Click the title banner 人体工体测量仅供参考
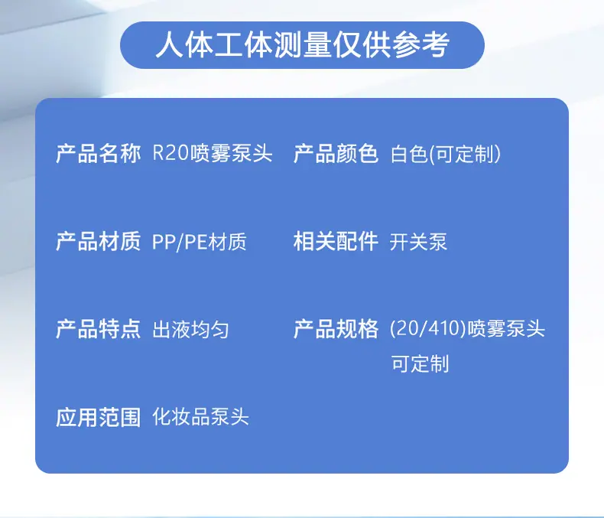(302, 45)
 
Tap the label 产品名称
(98, 153)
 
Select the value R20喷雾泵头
(213, 153)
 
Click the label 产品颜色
(336, 153)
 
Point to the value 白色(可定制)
(445, 154)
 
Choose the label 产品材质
(98, 241)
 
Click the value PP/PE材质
(199, 242)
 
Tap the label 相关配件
(336, 241)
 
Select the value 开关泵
(418, 242)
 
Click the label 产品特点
(98, 329)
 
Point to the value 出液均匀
(190, 330)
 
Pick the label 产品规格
(336, 329)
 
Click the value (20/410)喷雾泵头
(467, 329)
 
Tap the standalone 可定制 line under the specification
(420, 363)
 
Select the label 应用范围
(98, 417)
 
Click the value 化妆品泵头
(200, 417)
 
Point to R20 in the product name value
(170, 153)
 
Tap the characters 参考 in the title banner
(421, 45)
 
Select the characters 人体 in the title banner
(184, 45)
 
